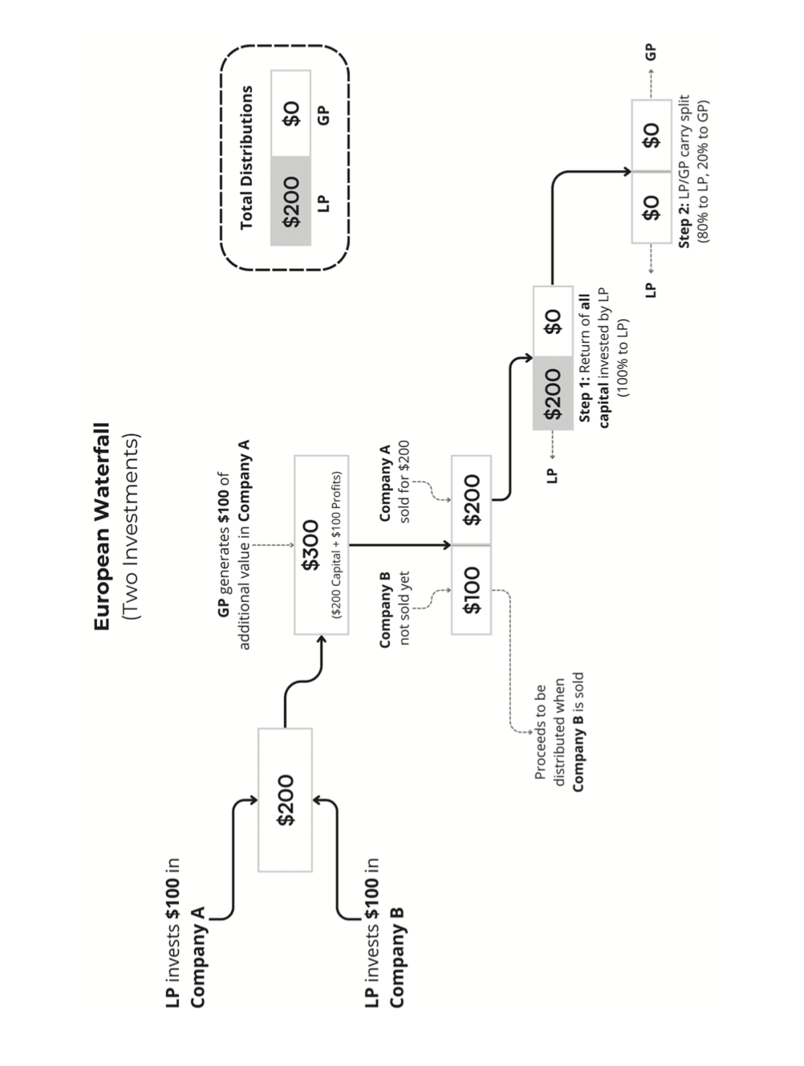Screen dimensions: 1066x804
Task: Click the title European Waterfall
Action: coord(102,526)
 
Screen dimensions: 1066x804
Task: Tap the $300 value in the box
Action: coord(311,545)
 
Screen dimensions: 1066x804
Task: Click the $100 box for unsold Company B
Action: coord(472,590)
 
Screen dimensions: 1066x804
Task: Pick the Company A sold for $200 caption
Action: coord(394,482)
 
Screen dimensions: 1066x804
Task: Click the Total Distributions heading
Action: coord(246,157)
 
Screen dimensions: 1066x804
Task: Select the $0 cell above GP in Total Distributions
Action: coord(290,113)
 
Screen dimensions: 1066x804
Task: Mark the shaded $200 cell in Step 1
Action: coord(553,393)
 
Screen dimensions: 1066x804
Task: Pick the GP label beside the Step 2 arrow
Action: coord(651,52)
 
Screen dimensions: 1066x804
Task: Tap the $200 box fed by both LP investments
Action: coord(285,799)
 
